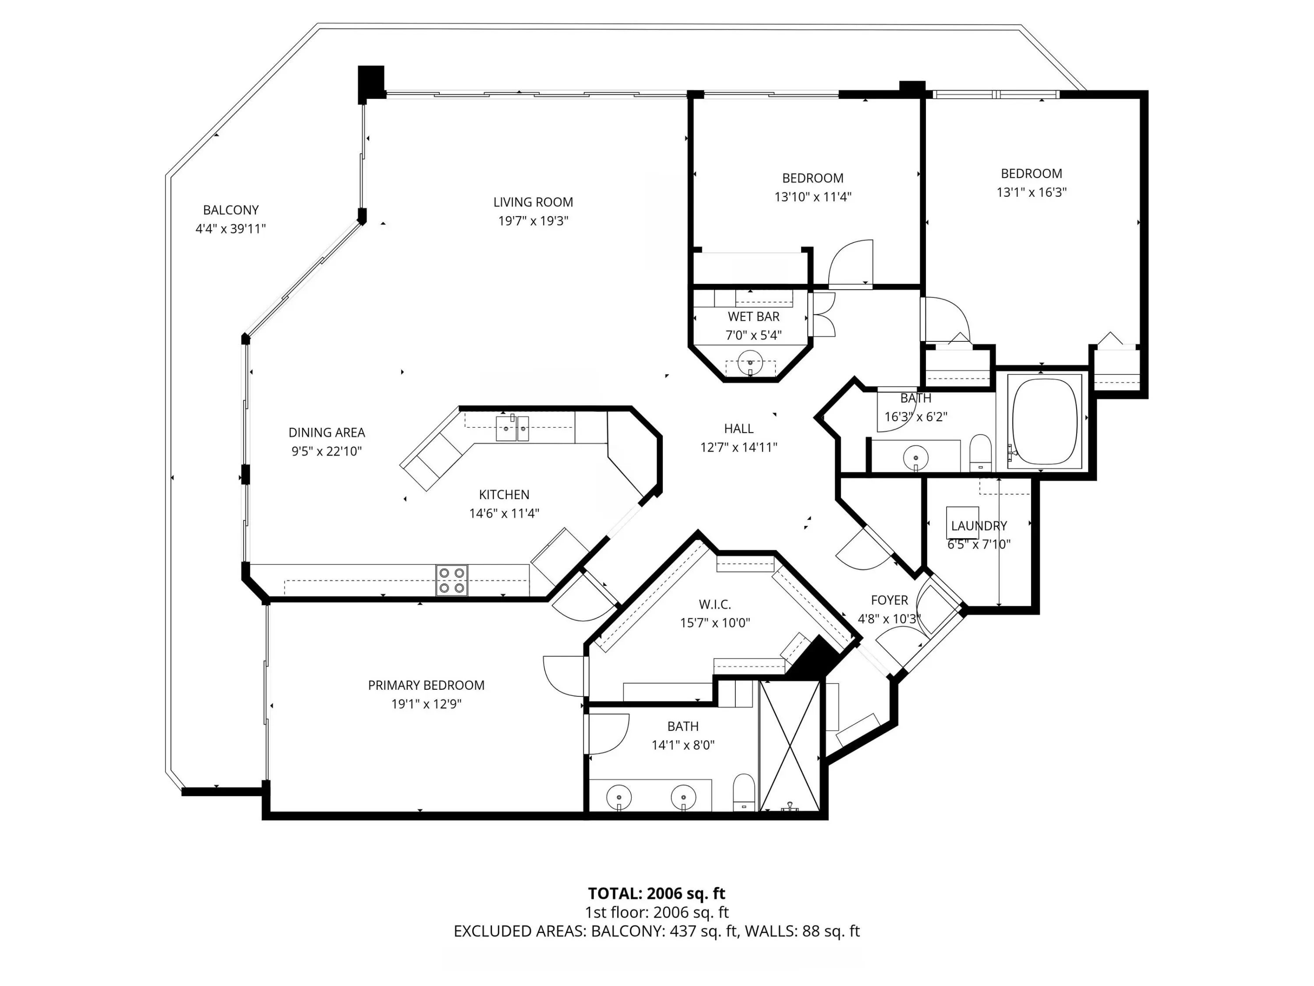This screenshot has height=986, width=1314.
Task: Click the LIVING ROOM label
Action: pyautogui.click(x=533, y=202)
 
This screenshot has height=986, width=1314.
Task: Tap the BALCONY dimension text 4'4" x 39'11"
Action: pyautogui.click(x=230, y=229)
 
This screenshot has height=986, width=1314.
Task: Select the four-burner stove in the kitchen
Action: pyautogui.click(x=452, y=581)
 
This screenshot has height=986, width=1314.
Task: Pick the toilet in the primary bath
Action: pyautogui.click(x=743, y=792)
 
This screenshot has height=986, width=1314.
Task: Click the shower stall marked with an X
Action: pyautogui.click(x=789, y=746)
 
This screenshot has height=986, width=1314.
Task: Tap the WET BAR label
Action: pyautogui.click(x=753, y=317)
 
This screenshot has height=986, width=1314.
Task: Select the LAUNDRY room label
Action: pyautogui.click(x=979, y=526)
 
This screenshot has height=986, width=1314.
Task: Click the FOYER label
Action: pyautogui.click(x=889, y=600)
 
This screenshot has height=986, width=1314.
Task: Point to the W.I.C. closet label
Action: pyautogui.click(x=715, y=604)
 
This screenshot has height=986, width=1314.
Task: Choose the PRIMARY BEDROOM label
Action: pyautogui.click(x=426, y=685)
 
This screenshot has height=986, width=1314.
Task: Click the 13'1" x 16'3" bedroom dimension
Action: pyautogui.click(x=1031, y=192)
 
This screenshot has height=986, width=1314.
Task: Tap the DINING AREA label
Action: pyautogui.click(x=327, y=433)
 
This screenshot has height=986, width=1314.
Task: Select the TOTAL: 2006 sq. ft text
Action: pyautogui.click(x=657, y=893)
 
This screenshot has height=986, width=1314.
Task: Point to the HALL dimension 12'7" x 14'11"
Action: pyautogui.click(x=738, y=447)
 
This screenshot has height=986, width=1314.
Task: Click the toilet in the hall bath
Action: pyautogui.click(x=980, y=453)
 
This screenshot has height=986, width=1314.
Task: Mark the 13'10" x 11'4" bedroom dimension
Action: pyautogui.click(x=812, y=197)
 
